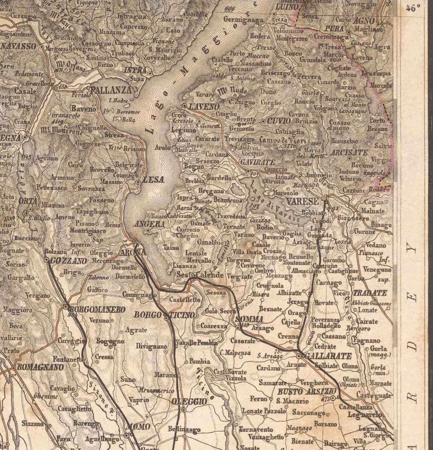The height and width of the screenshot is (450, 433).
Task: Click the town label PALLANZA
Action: pos(111,90)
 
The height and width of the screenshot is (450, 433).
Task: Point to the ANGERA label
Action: pos(150,224)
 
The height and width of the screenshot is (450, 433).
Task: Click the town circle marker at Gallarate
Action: pos(299,357)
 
